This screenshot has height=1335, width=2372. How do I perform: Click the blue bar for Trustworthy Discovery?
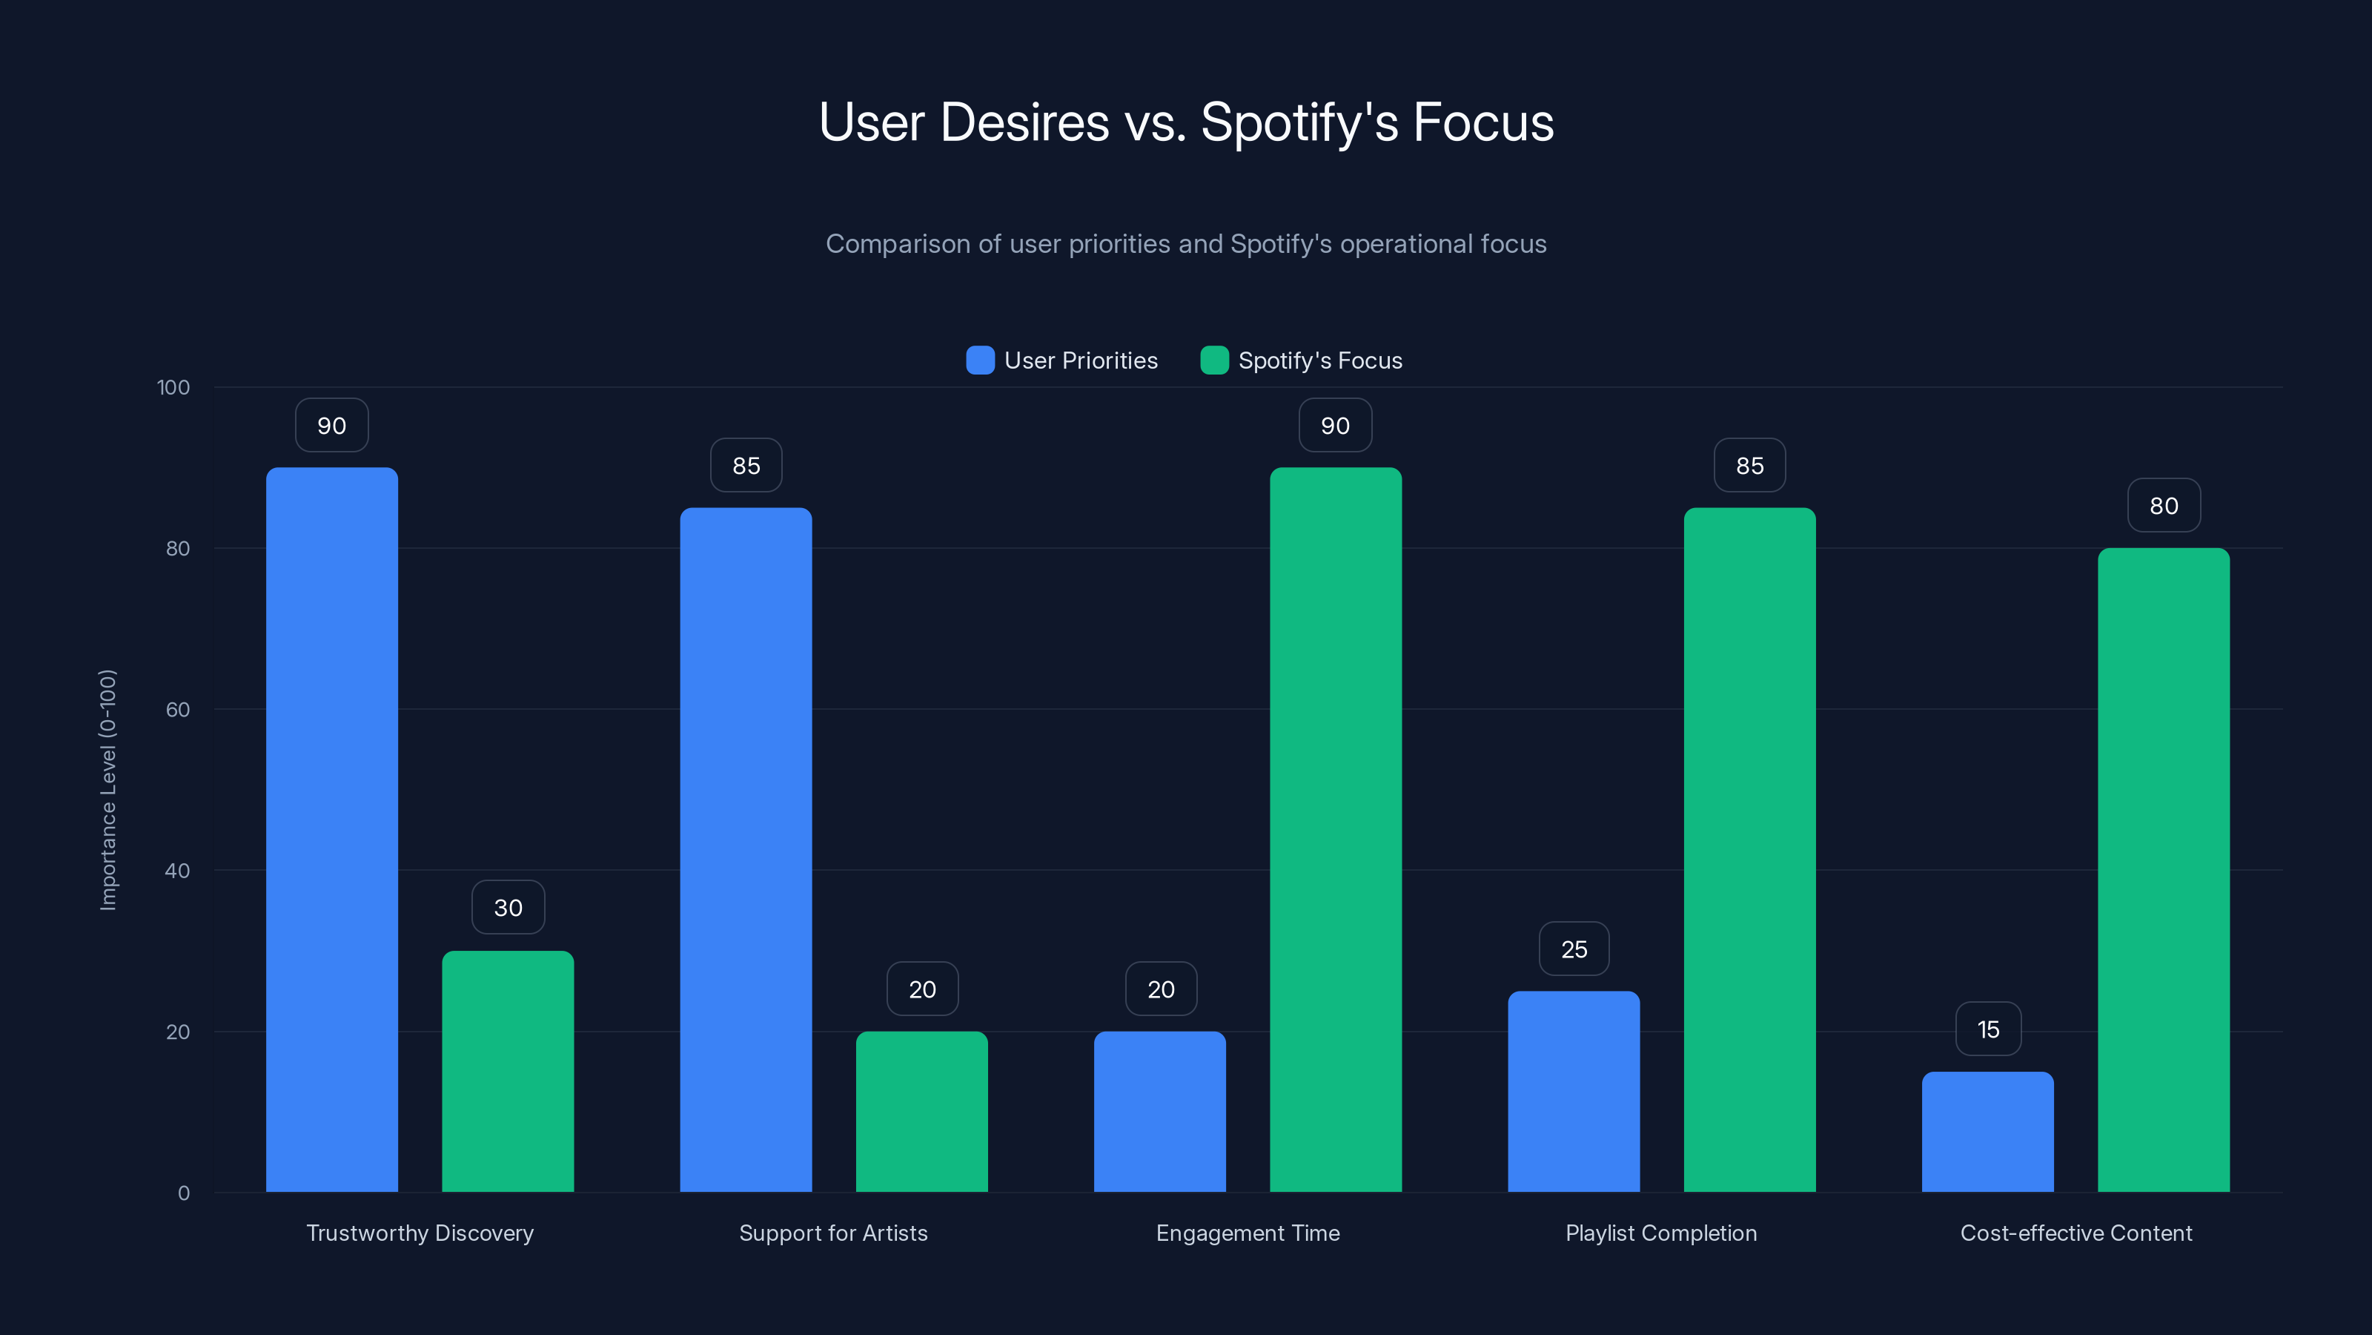[x=331, y=829]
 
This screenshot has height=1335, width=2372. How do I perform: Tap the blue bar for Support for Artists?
[x=746, y=849]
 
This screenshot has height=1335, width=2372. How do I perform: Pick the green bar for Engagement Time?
[x=1335, y=829]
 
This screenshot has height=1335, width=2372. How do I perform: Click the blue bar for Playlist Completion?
[x=1574, y=1091]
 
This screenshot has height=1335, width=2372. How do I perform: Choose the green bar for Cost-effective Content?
[x=2163, y=870]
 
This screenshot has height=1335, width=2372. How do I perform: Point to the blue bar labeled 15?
[x=1987, y=1131]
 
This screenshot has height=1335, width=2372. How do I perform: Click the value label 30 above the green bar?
[x=507, y=908]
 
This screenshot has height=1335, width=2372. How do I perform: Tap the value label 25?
[x=1574, y=949]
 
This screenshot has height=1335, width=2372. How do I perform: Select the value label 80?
[x=2163, y=505]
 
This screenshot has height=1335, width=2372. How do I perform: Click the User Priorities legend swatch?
[x=980, y=360]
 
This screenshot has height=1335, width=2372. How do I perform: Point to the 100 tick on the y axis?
[x=173, y=387]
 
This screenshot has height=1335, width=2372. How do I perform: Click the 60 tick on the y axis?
[x=177, y=710]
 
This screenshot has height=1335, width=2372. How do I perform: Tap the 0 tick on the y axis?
[x=183, y=1193]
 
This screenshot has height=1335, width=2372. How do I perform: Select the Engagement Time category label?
[x=1247, y=1233]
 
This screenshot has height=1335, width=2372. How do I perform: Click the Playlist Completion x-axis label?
[x=1660, y=1233]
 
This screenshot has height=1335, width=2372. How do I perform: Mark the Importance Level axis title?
[x=107, y=790]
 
